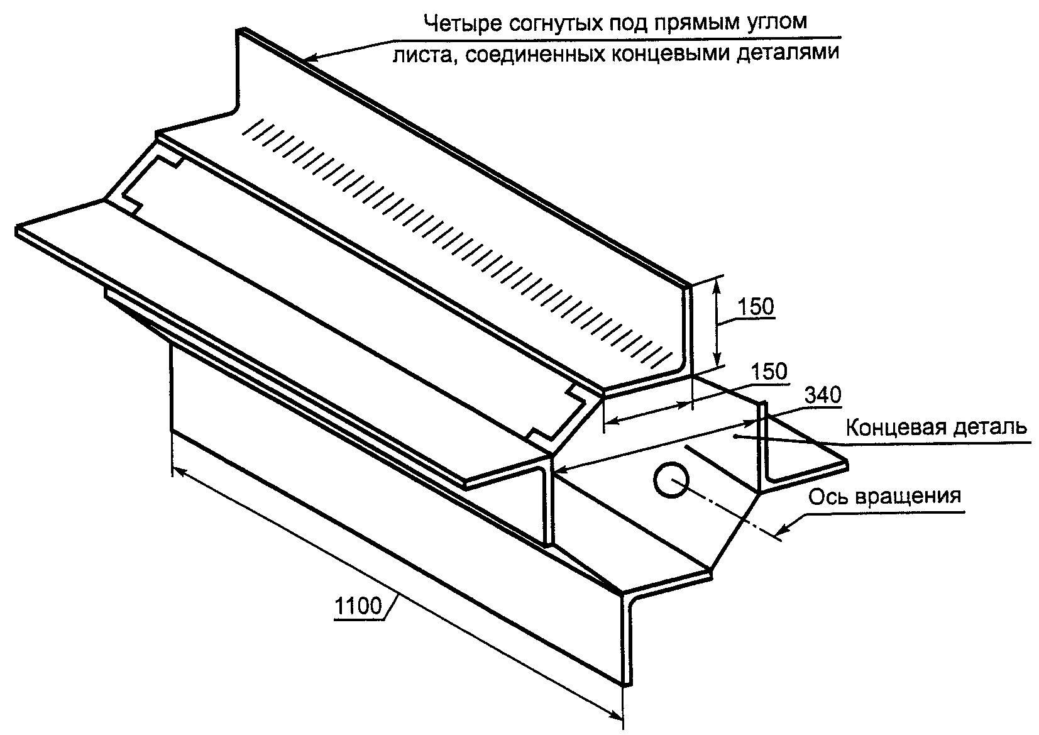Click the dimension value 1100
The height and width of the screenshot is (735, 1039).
(x=359, y=607)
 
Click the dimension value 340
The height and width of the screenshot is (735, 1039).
(x=822, y=395)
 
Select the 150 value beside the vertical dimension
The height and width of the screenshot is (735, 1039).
(x=756, y=307)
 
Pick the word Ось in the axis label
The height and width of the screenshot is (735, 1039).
(x=826, y=497)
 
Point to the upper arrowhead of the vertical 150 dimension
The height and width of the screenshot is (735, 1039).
(x=716, y=285)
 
